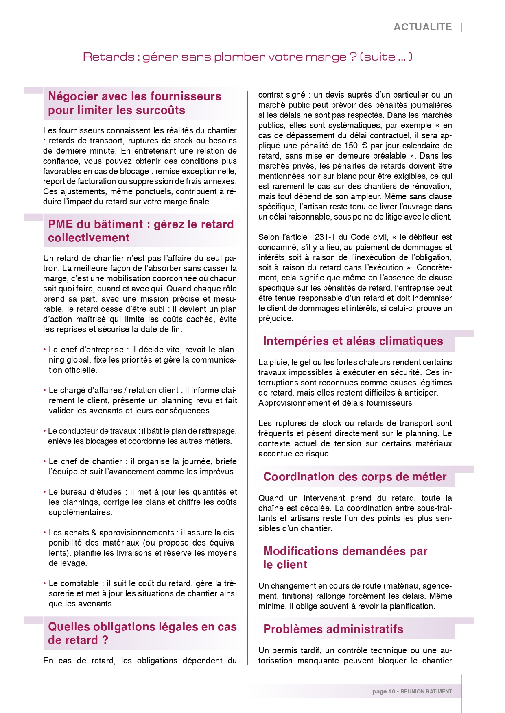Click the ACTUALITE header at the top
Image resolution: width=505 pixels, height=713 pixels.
pyautogui.click(x=422, y=27)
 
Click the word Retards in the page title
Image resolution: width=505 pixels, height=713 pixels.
pyautogui.click(x=108, y=57)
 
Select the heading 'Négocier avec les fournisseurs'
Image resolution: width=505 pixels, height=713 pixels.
pyautogui.click(x=135, y=96)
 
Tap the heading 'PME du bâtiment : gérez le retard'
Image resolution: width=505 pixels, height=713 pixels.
pyautogui.click(x=141, y=224)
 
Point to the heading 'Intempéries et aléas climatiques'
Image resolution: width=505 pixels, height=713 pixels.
pyautogui.click(x=353, y=341)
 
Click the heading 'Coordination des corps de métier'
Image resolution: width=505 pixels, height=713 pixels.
pyautogui.click(x=355, y=477)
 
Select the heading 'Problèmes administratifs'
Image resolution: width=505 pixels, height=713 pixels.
pyautogui.click(x=333, y=629)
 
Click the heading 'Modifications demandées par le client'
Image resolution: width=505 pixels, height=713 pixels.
pyautogui.click(x=345, y=558)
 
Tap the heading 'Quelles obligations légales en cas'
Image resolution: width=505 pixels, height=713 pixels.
pyautogui.click(x=142, y=627)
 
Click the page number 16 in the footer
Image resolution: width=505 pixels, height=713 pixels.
pyautogui.click(x=392, y=691)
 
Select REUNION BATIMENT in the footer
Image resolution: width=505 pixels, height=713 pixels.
pyautogui.click(x=426, y=691)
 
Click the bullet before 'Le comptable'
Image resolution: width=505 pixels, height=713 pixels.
pyautogui.click(x=44, y=584)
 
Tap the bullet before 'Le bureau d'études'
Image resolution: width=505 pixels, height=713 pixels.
pyautogui.click(x=44, y=492)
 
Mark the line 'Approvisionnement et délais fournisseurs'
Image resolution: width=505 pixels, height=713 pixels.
pyautogui.click(x=335, y=403)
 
